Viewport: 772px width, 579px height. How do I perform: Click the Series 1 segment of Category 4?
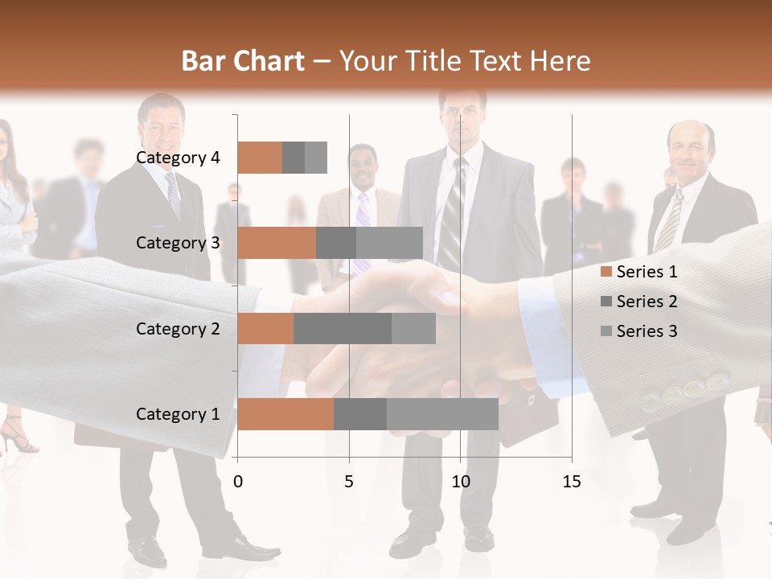(x=260, y=158)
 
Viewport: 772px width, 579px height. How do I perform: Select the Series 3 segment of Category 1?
(x=442, y=414)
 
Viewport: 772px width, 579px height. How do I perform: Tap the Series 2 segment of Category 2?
(x=343, y=329)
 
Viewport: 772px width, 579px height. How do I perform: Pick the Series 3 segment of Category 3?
(x=389, y=243)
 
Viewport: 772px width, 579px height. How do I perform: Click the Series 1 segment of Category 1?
(x=285, y=414)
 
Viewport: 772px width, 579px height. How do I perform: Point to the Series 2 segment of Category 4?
(x=294, y=158)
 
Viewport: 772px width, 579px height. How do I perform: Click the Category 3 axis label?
(x=178, y=243)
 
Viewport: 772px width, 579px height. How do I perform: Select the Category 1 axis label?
(x=178, y=414)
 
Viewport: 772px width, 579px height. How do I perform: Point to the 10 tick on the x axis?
(x=460, y=482)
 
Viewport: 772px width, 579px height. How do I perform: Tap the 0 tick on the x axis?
(x=238, y=482)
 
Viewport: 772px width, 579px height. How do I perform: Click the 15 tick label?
(x=572, y=482)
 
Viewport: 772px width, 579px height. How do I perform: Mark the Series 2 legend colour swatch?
(x=606, y=302)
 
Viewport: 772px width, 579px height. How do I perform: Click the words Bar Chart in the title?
(x=243, y=61)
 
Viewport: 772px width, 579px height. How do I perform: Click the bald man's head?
(x=690, y=145)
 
